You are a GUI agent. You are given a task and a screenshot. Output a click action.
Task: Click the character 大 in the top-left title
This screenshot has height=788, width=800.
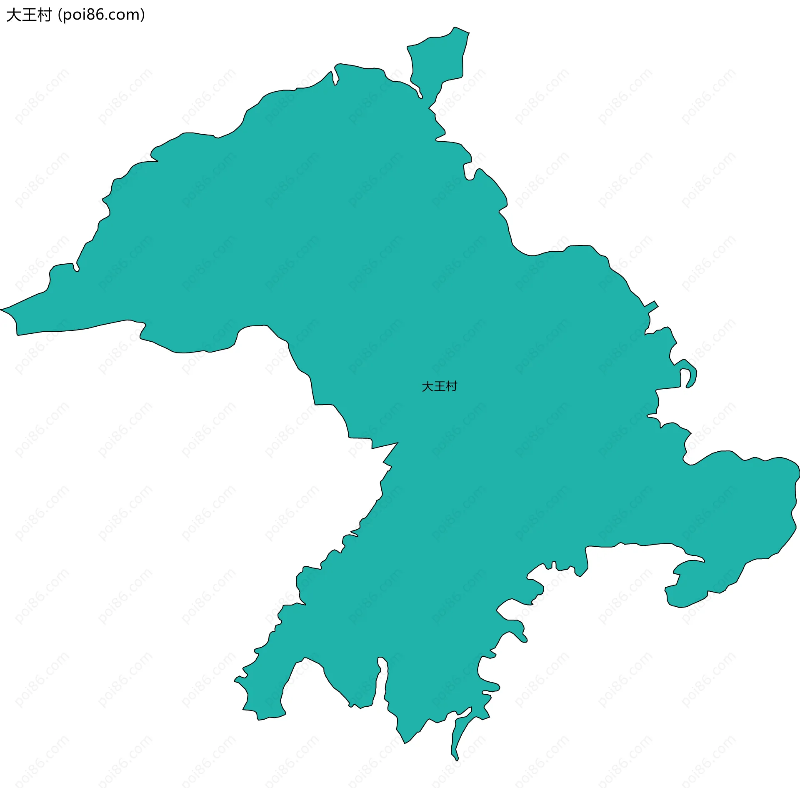[x=14, y=15]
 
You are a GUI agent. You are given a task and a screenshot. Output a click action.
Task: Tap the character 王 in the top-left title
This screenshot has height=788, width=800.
[x=29, y=15]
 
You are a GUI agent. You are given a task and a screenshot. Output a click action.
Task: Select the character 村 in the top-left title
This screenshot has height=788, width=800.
[x=44, y=15]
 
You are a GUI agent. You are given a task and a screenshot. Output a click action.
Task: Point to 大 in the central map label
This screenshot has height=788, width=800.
[x=427, y=386]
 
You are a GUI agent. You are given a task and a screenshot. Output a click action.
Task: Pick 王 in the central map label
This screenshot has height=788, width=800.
[x=440, y=386]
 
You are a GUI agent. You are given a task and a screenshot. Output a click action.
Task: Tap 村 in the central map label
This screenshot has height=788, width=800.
[x=451, y=386]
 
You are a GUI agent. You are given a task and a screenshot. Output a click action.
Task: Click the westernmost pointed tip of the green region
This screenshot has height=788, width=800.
[x=2, y=310]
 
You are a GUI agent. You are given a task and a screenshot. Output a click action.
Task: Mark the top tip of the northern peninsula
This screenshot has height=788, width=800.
[x=455, y=28]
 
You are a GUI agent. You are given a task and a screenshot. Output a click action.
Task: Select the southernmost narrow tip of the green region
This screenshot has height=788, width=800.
[x=457, y=759]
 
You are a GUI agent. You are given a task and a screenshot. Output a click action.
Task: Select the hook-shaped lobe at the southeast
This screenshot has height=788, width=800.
[x=687, y=583]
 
